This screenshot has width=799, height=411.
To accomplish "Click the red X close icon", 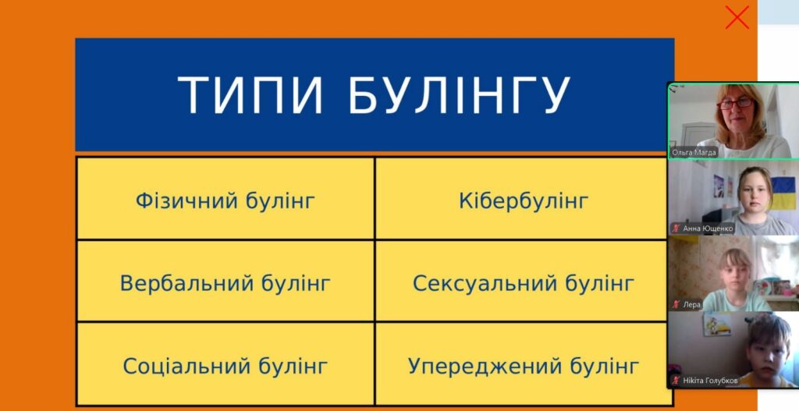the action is point(737,18).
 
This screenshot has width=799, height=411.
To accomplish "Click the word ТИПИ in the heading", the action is point(250,95).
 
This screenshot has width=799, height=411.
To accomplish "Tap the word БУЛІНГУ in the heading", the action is point(459,95).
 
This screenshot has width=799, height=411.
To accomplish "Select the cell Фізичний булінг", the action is point(225,198).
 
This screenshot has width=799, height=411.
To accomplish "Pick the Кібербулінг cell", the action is point(521,198).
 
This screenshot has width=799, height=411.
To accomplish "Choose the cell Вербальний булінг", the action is point(225,281).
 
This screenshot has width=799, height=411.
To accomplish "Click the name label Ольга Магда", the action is point(694,152).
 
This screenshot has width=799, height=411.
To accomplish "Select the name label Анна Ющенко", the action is point(708,229).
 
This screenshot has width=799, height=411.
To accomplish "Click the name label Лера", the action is point(691,305).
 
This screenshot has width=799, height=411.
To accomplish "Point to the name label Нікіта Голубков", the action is point(710,381).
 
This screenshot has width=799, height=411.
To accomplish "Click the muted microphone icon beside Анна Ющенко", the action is point(676,229).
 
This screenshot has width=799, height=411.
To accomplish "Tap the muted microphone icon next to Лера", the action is point(676,305).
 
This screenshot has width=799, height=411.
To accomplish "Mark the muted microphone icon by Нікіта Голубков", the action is point(676,381).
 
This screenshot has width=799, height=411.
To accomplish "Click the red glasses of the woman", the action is point(735,104).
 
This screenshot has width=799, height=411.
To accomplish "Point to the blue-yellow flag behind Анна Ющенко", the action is point(783,193).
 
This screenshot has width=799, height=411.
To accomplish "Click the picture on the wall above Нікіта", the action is point(718,324).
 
